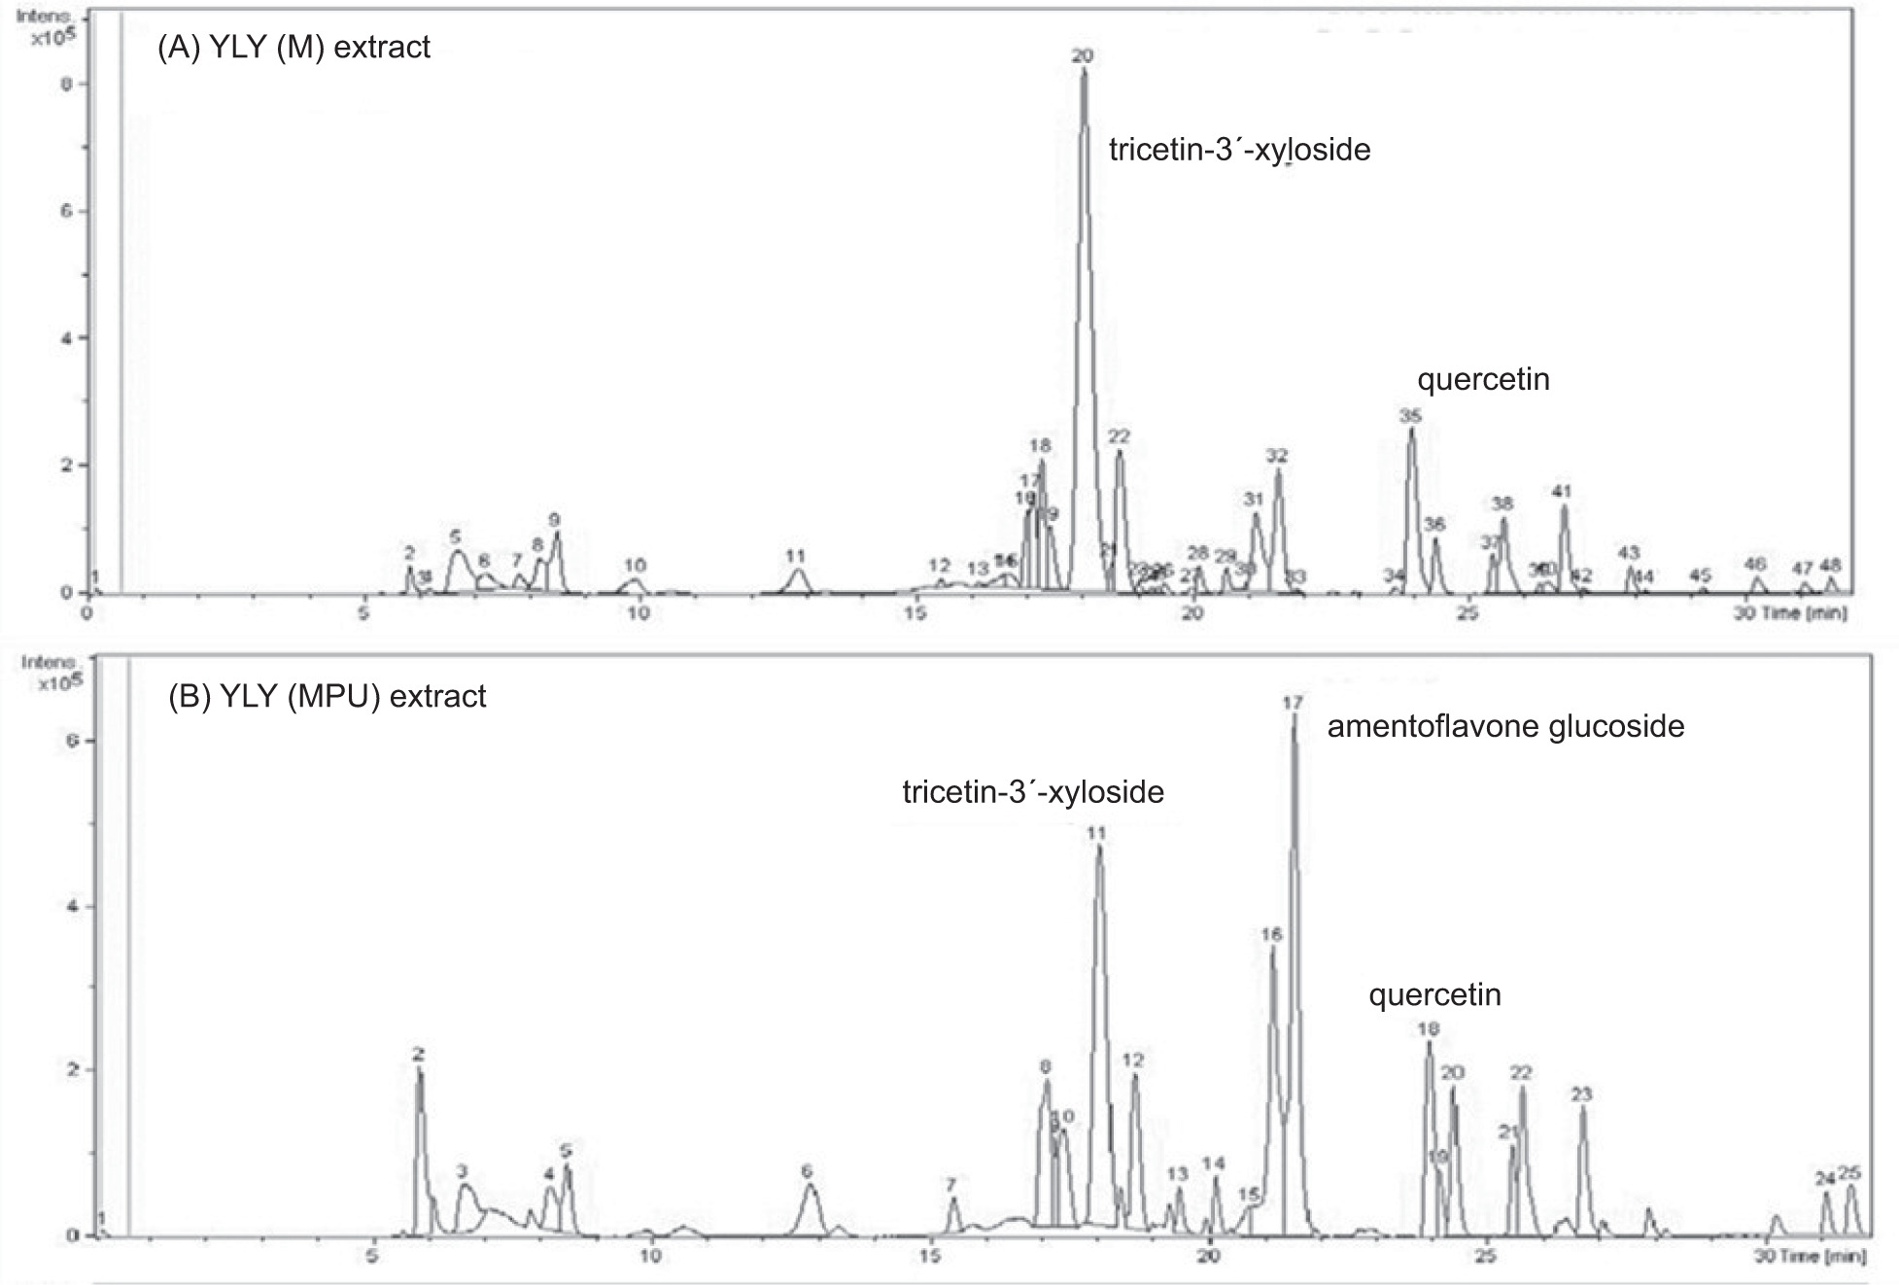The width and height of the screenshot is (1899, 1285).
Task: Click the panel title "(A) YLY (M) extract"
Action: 293,48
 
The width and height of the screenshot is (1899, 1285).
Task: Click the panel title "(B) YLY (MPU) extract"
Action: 328,696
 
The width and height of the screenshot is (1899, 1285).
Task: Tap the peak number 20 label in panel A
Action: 1083,56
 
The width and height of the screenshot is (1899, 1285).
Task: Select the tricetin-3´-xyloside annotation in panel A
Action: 1239,150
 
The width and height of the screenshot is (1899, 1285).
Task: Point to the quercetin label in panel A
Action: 1483,378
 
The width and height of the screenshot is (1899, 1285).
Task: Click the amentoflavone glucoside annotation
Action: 1505,726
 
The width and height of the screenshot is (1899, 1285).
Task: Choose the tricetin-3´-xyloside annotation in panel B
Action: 1033,792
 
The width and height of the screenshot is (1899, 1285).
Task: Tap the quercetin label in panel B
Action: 1434,994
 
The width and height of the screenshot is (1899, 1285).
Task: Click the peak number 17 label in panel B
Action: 1293,702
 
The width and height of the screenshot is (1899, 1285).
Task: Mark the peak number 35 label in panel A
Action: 1410,416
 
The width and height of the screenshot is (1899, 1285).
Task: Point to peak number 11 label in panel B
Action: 1096,833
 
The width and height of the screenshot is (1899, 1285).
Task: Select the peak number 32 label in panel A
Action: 1276,456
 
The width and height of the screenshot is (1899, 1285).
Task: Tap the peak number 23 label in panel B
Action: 1581,1094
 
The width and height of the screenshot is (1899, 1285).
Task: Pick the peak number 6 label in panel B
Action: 807,1171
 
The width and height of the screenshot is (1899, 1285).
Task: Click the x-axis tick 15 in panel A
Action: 914,613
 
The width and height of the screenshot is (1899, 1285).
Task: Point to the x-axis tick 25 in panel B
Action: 1485,1256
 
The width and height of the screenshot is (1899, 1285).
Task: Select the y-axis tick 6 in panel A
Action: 67,211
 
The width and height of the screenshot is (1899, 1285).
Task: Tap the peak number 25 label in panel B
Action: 1849,1173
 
